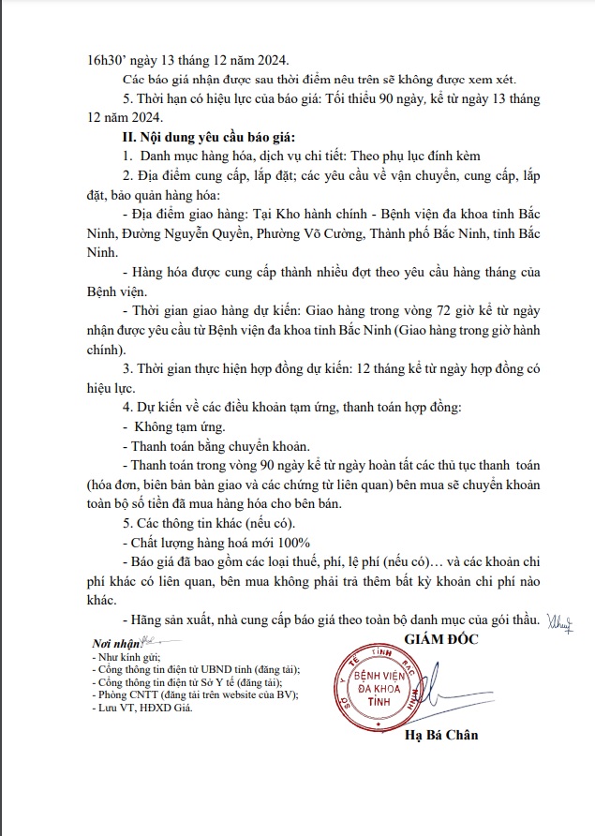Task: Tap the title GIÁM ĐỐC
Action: pos(443,639)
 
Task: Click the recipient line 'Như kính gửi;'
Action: pos(127,659)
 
